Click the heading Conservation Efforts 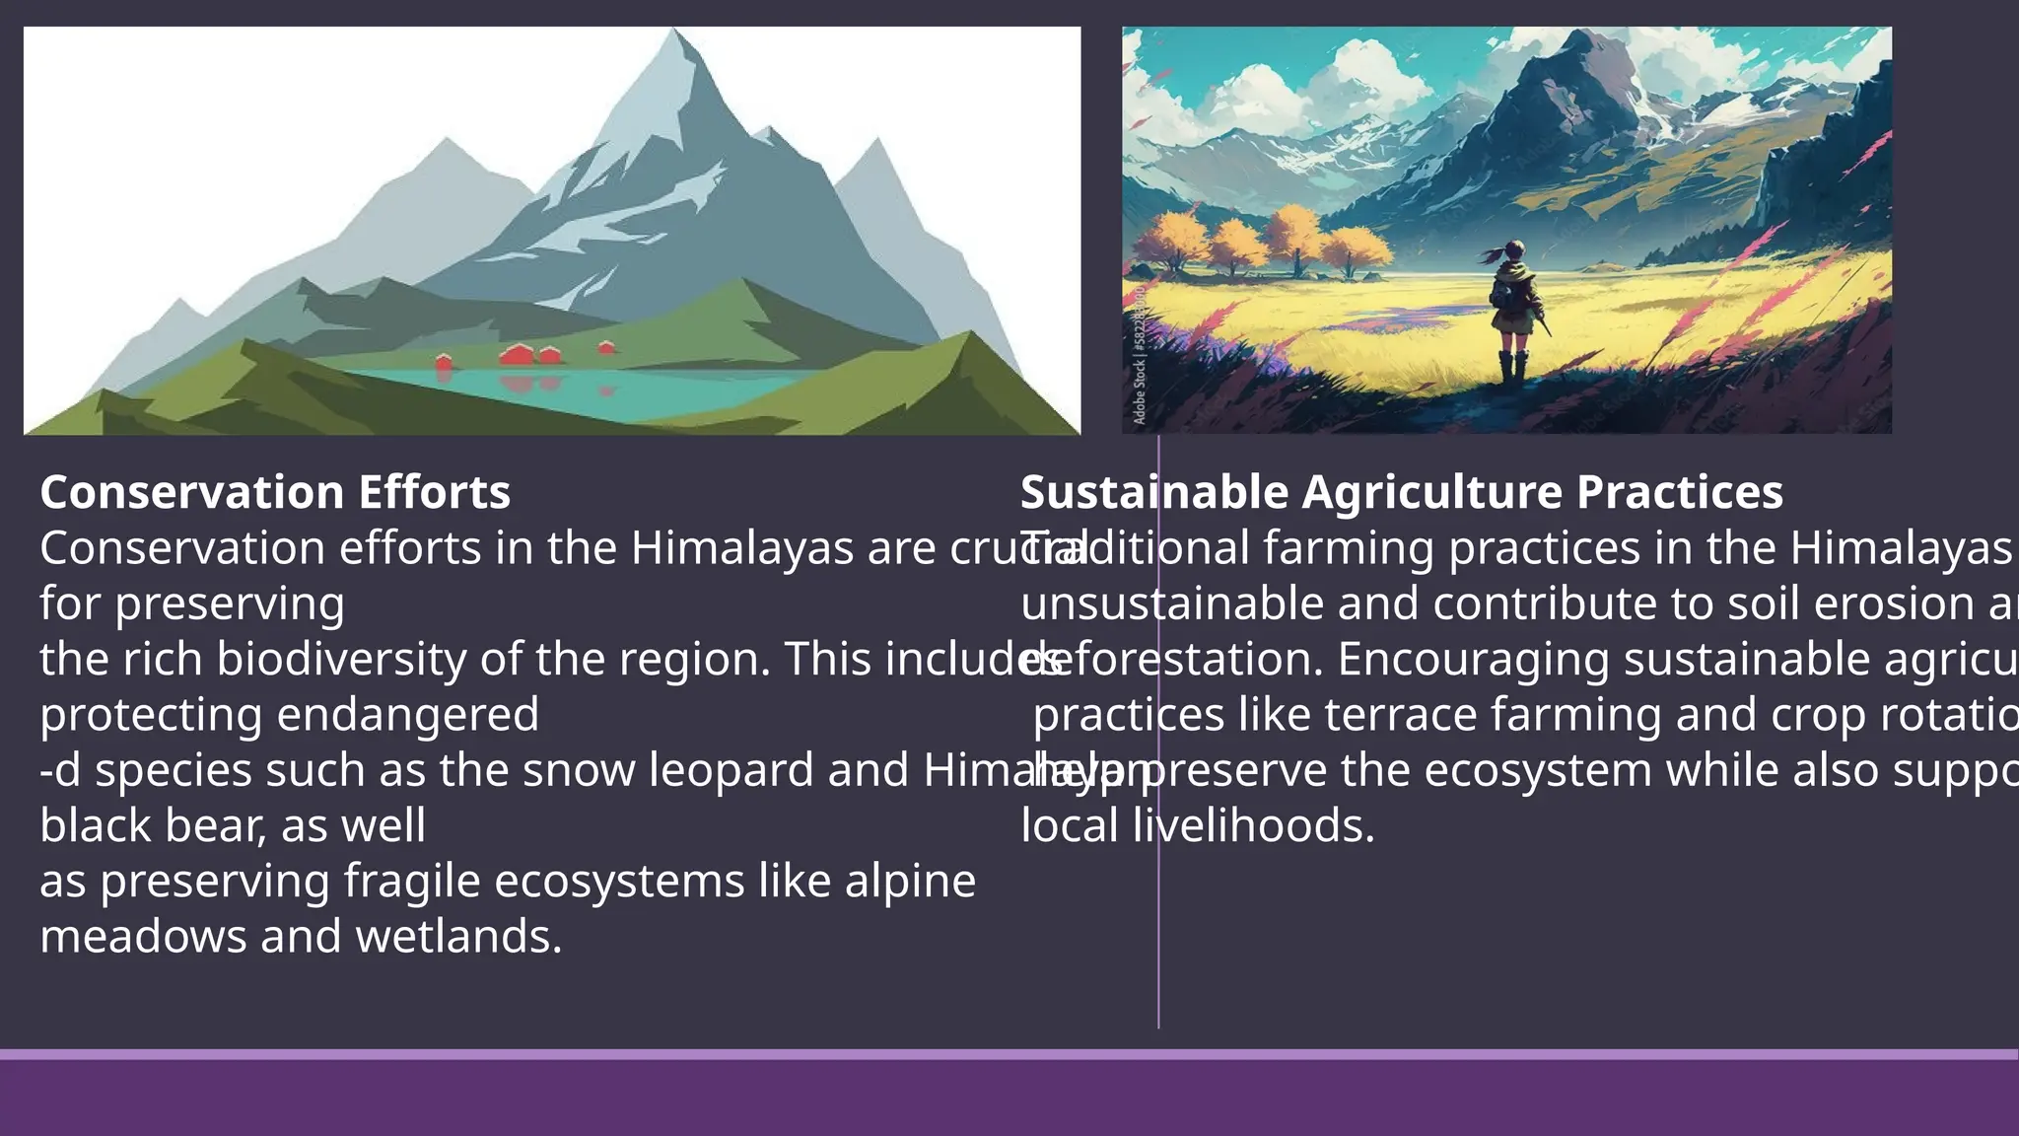point(275,492)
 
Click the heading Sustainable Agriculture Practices point(1401,492)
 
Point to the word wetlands point(458,937)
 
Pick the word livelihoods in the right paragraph point(1252,825)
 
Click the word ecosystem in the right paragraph point(1537,770)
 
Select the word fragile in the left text point(412,882)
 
